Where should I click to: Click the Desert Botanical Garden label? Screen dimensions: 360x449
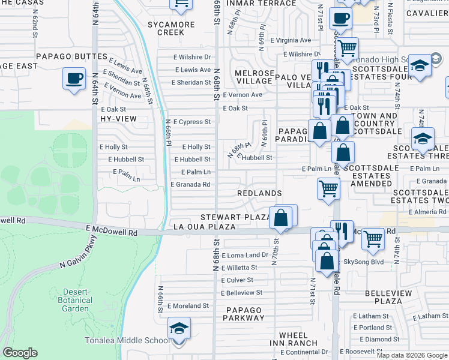76,300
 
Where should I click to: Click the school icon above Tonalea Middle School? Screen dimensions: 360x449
179,329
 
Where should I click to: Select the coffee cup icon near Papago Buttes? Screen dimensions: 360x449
74,79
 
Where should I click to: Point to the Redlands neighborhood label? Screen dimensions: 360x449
259,193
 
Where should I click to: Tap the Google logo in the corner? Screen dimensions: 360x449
20,353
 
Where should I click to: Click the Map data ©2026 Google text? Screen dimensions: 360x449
412,355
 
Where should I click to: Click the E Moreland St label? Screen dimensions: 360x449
188,305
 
